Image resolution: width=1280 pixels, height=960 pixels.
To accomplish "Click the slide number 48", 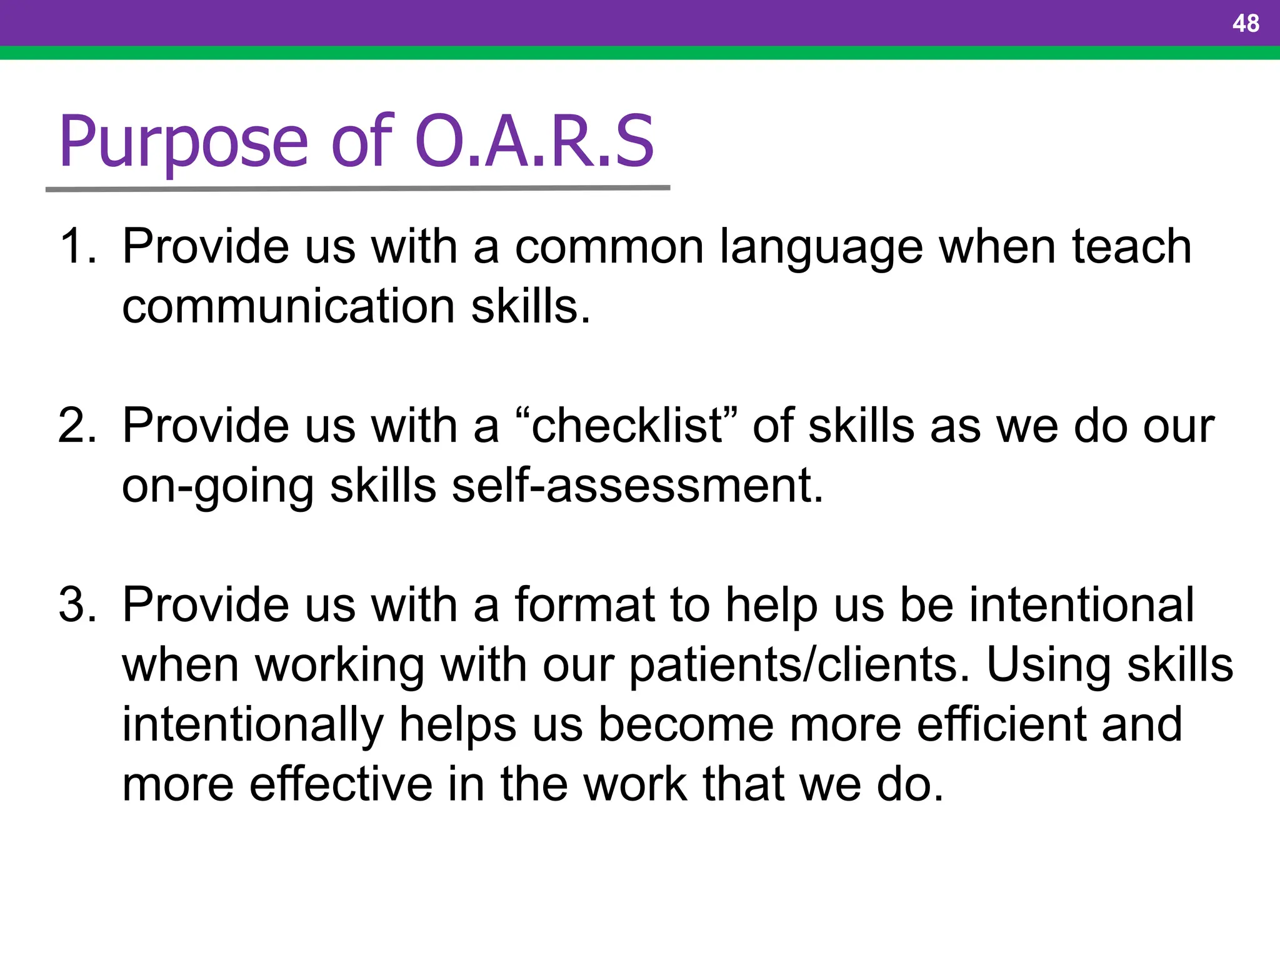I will click(x=1245, y=24).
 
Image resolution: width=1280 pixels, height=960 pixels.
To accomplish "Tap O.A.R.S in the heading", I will click(x=534, y=142).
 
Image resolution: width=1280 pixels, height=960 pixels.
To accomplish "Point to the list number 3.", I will click(x=76, y=605).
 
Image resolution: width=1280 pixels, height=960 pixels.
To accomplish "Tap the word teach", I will click(x=1131, y=246).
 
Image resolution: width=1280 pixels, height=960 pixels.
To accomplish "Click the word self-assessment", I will click(x=637, y=486).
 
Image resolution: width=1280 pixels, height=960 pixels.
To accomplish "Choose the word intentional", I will click(x=1081, y=605).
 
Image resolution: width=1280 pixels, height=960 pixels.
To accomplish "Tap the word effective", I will click(x=341, y=784).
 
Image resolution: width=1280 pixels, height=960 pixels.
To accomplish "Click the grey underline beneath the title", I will click(x=357, y=188).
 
